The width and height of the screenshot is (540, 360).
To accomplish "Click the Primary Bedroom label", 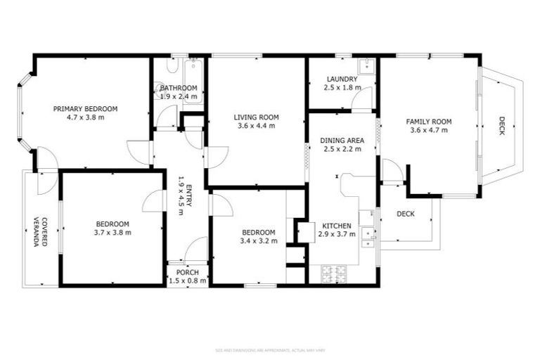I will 86,109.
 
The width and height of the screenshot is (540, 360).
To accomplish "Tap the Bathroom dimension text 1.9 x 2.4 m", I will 178,96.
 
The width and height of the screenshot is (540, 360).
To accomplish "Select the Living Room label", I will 257,117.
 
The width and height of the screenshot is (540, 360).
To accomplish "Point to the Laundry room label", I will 342,79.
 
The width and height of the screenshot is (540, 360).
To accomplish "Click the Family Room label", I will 428,122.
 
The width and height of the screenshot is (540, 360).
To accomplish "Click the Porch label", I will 188,272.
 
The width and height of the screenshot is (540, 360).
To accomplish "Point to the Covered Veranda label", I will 44,231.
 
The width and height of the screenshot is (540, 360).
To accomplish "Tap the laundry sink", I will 366,67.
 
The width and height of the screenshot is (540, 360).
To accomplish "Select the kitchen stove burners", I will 334,274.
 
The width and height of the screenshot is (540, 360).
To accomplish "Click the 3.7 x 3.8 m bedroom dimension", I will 112,233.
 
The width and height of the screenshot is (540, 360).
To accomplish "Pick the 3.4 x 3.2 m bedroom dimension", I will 258,241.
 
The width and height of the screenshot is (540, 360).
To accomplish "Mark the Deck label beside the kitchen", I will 405,214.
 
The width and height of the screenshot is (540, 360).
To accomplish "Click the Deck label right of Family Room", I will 501,126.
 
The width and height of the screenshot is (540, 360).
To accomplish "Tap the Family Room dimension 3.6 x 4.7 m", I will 428,130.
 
